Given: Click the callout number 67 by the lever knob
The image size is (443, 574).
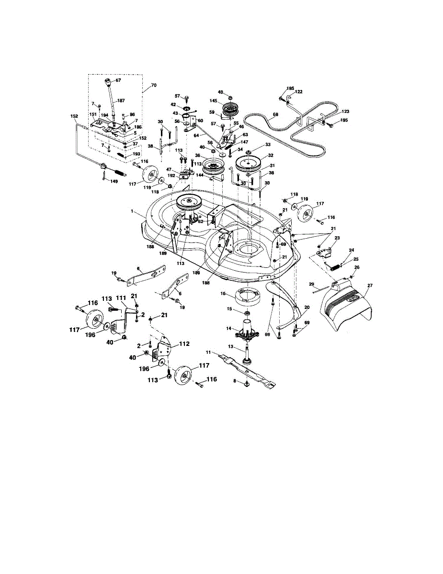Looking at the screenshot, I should (118, 80).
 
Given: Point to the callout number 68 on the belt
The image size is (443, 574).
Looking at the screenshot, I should (275, 115).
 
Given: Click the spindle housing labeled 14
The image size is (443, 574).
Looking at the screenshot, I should (248, 331).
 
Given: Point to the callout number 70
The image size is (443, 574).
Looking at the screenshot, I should (153, 86).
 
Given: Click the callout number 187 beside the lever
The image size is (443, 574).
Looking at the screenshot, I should (121, 101).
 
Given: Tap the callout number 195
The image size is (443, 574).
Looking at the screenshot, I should (343, 121).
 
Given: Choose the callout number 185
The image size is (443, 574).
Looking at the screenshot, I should (291, 88).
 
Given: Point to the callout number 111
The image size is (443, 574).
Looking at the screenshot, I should (120, 298).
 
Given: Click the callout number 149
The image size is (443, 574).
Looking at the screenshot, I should (114, 181).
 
